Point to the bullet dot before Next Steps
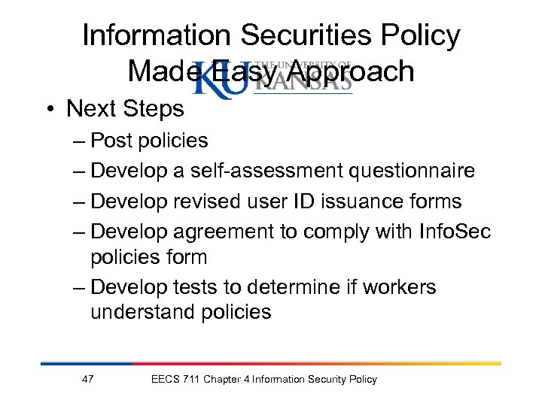tap(52, 110)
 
